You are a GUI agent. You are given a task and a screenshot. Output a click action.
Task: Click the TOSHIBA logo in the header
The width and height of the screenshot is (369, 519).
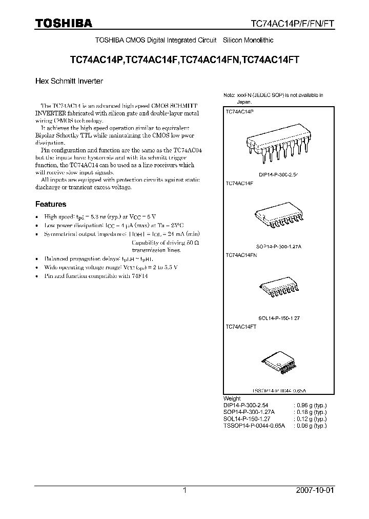[63, 23]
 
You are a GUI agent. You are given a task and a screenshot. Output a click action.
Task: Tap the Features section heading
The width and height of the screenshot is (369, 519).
[50, 204]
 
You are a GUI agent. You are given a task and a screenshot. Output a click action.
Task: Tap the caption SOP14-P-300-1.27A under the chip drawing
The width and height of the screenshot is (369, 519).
[279, 246]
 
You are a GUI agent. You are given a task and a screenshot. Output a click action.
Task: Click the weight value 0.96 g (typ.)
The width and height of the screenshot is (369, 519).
[311, 405]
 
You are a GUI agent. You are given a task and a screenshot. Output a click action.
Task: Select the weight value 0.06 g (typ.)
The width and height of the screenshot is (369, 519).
[311, 426]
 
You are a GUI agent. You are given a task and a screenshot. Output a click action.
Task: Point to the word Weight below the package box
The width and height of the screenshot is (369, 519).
[232, 398]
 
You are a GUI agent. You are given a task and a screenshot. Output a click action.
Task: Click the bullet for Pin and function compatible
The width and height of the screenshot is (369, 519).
[36, 276]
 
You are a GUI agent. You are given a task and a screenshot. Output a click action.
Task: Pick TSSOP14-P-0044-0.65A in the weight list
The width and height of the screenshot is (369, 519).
[253, 426]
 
